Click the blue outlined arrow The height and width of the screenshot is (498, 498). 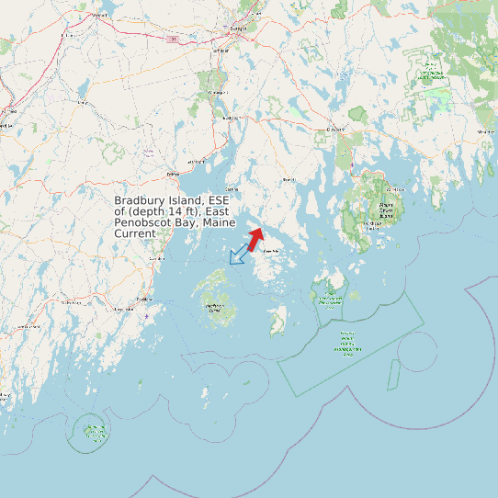tap(239, 254)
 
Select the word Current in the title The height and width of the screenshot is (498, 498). tap(135, 234)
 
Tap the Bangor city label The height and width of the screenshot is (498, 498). tap(239, 29)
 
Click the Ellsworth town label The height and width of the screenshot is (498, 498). tap(336, 130)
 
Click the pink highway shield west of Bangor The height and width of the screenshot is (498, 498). tap(172, 40)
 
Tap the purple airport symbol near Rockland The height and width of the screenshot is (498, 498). tap(146, 317)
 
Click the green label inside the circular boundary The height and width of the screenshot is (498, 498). tap(93, 432)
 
